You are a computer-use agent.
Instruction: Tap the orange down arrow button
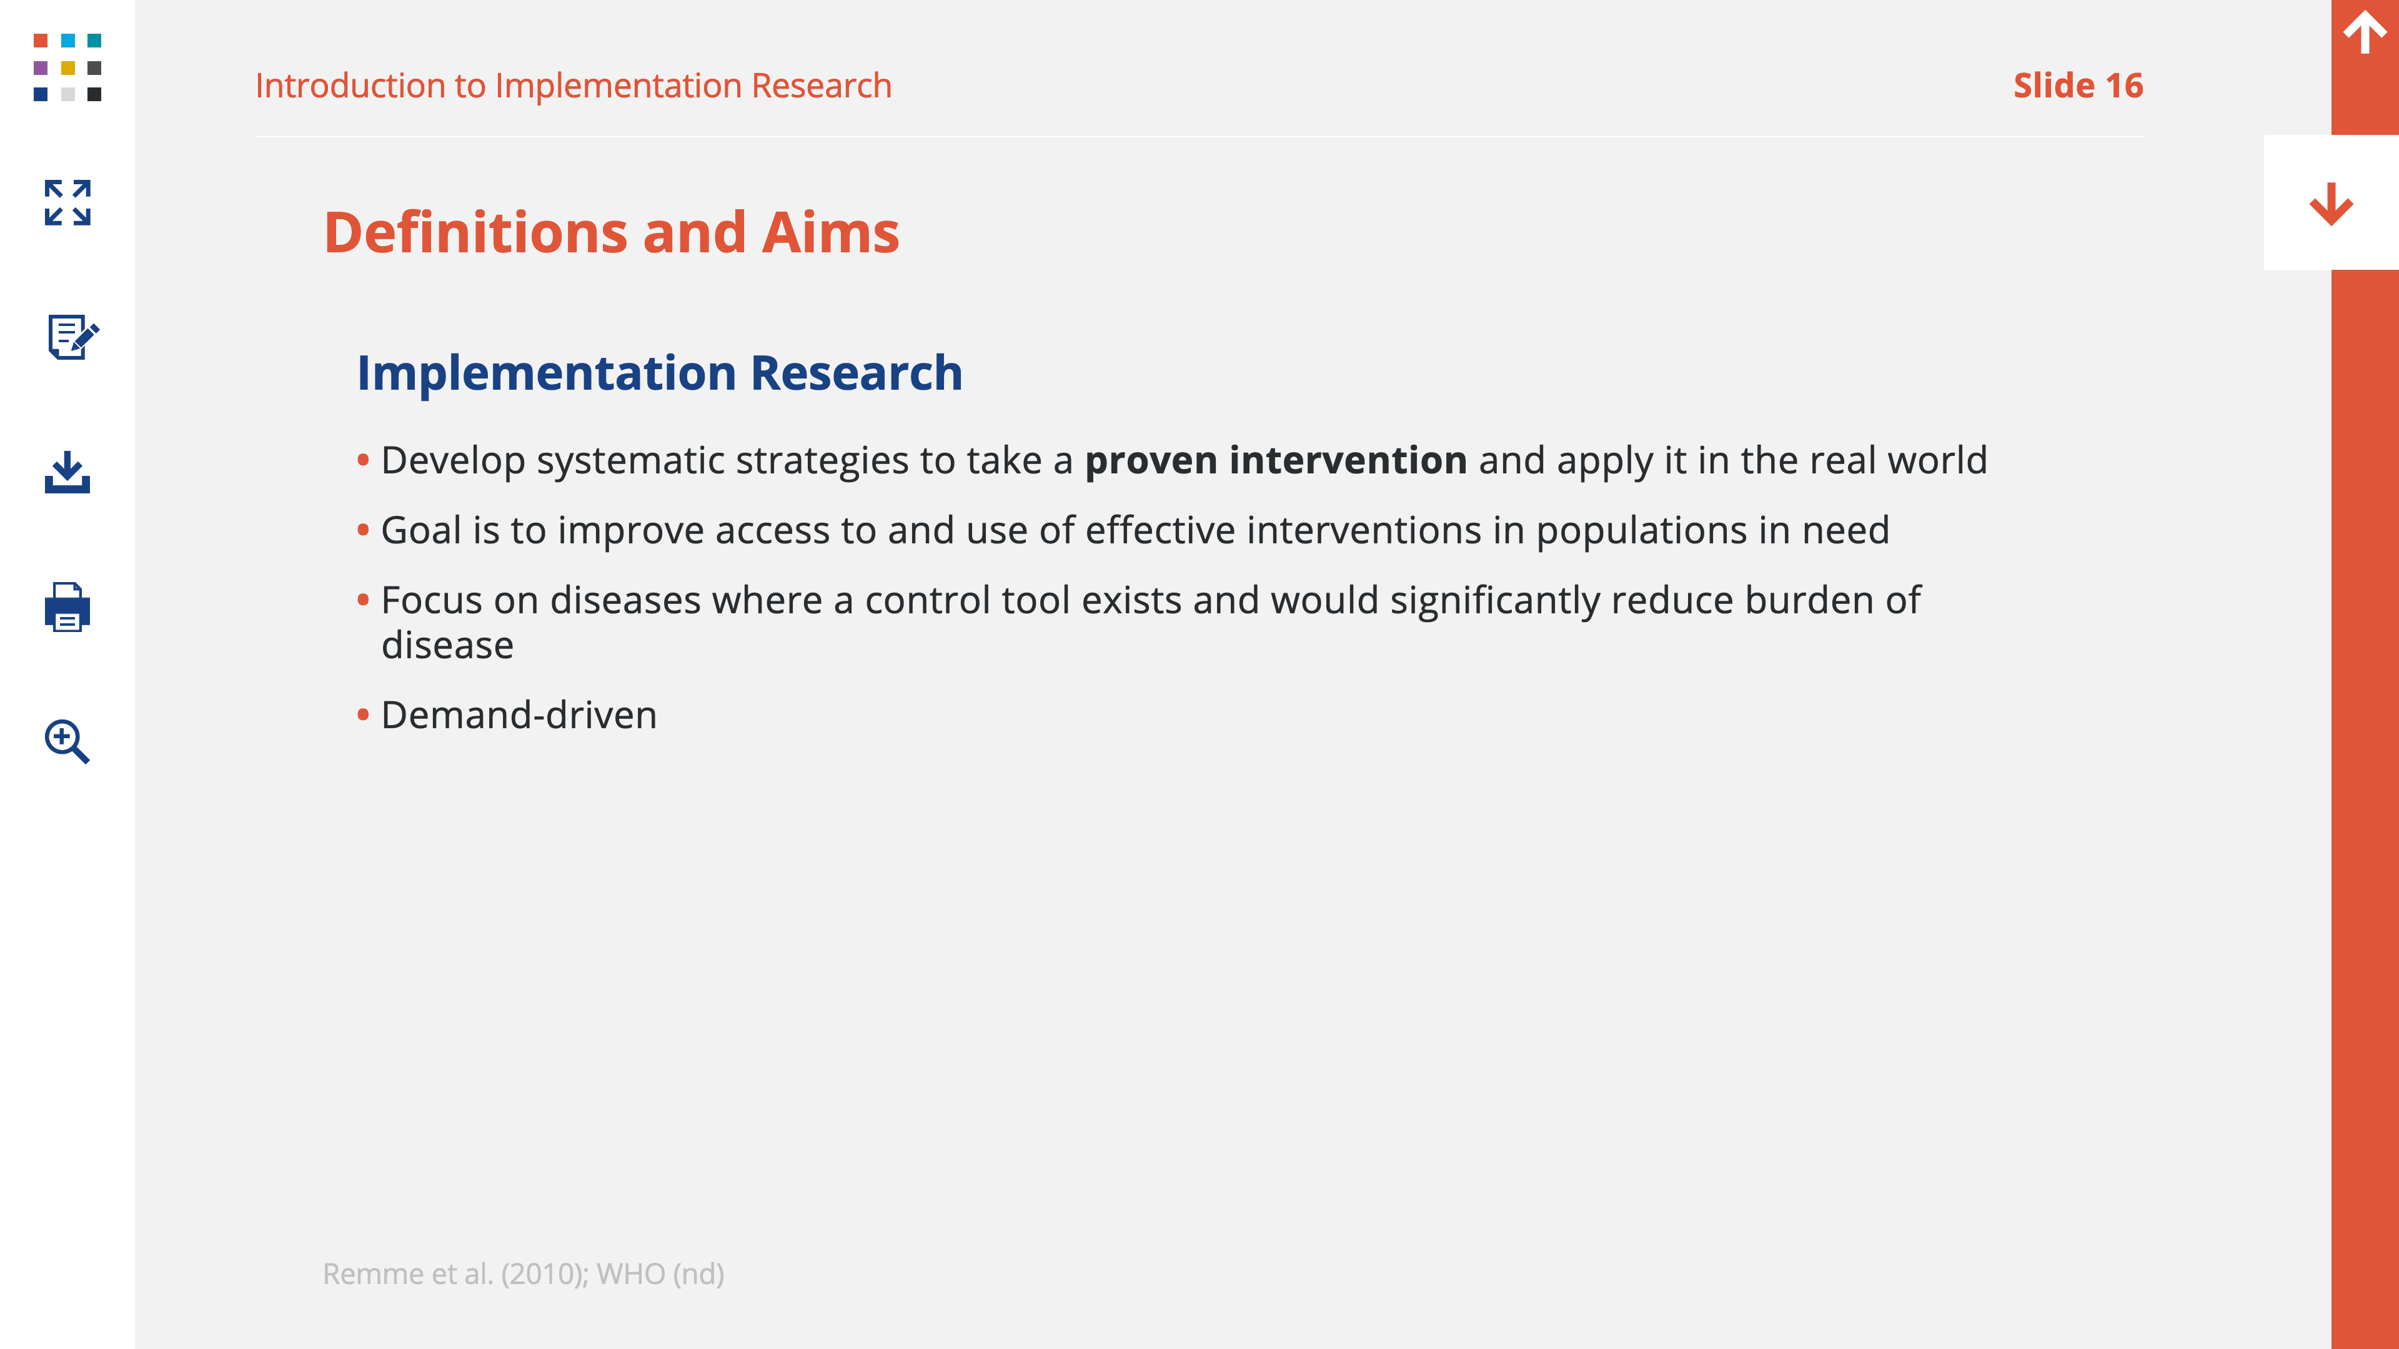[x=2331, y=204]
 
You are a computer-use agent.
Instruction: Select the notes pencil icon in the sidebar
[x=72, y=336]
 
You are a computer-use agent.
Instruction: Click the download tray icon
[x=67, y=472]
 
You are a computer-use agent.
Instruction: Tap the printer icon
[x=67, y=607]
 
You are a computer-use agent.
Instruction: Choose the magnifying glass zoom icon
[x=67, y=741]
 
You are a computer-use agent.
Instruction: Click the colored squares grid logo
[x=67, y=67]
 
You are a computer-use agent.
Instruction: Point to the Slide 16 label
[x=2078, y=86]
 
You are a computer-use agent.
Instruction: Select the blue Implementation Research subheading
[x=659, y=372]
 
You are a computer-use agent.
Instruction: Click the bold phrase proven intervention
[x=1276, y=460]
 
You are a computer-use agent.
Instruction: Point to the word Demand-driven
[x=519, y=715]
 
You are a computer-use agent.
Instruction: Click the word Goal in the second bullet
[x=421, y=530]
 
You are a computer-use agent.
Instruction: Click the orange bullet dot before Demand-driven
[x=363, y=715]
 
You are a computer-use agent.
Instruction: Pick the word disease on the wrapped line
[x=447, y=645]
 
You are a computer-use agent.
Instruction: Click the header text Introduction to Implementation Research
[x=574, y=86]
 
